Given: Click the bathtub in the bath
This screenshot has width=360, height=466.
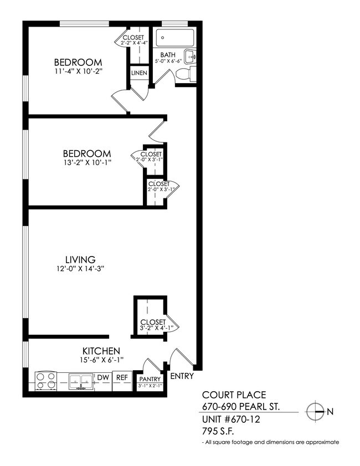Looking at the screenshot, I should click(x=175, y=38).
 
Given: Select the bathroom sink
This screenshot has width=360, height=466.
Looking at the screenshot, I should click(x=190, y=56).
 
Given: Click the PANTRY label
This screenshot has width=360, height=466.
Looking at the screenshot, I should click(x=150, y=379).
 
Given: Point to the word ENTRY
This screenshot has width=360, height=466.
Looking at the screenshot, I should click(x=182, y=376).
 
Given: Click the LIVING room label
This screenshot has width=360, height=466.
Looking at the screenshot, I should click(x=80, y=259).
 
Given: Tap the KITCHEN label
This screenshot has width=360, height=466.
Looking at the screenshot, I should click(x=101, y=351).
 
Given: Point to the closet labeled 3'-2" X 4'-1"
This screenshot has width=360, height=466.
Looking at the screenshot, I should click(x=151, y=321).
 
